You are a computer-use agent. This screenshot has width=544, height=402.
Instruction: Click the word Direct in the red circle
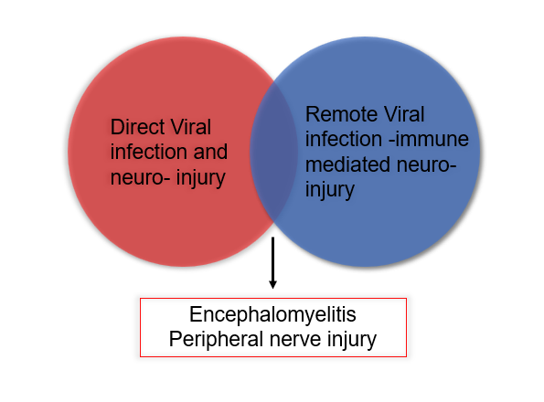(x=138, y=127)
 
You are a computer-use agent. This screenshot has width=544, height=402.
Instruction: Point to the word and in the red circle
(x=210, y=152)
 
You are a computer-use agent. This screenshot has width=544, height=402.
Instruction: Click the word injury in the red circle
(x=201, y=178)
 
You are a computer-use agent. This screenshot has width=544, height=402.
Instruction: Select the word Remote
(x=337, y=114)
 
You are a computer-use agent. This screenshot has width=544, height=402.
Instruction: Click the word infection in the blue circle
(x=344, y=139)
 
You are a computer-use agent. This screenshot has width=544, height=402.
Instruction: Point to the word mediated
(x=348, y=164)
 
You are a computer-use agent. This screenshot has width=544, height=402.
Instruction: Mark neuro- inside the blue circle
(x=426, y=165)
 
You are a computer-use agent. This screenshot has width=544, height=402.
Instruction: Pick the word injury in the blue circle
(x=330, y=190)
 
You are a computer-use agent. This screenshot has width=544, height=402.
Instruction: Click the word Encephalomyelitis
(x=272, y=314)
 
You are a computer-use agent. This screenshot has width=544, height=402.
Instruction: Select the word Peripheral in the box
(x=216, y=339)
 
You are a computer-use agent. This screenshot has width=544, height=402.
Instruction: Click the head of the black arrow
(x=273, y=284)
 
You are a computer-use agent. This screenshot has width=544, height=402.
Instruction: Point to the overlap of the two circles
(x=273, y=152)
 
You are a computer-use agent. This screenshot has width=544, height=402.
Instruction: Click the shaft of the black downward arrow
(x=273, y=259)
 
